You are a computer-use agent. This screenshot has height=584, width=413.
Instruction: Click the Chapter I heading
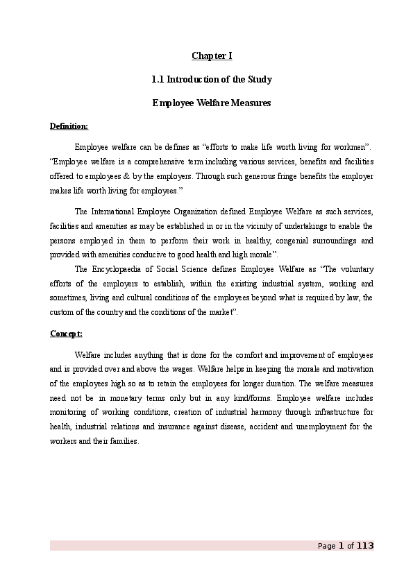[211, 55]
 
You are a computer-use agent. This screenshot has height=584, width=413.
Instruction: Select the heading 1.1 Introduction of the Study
[211, 79]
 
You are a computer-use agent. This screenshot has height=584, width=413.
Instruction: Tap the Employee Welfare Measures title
[211, 103]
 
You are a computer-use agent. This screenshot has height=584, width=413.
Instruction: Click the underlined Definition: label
[69, 126]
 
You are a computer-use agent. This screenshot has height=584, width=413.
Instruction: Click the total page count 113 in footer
[365, 546]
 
